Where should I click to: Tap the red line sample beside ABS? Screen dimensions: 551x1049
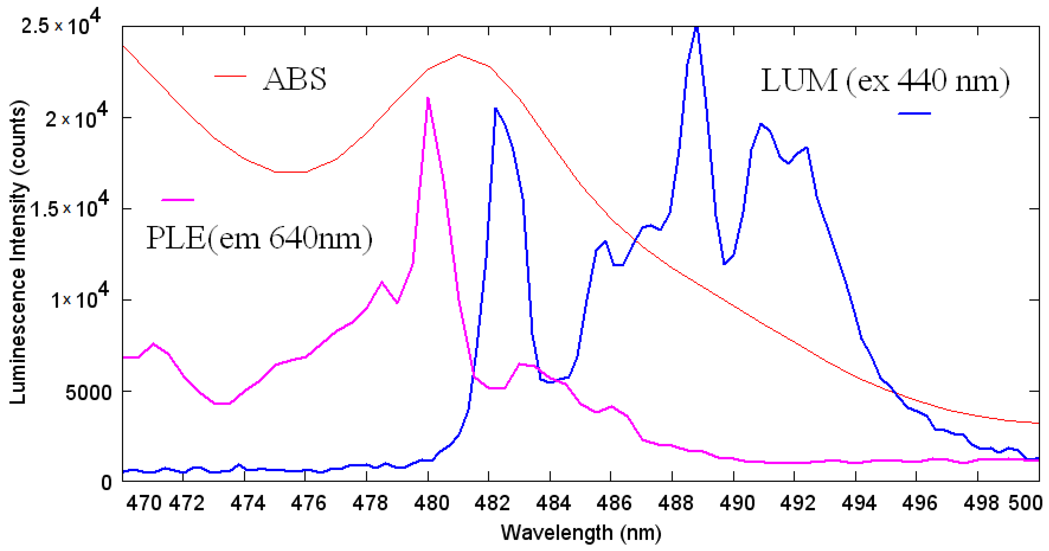coord(231,76)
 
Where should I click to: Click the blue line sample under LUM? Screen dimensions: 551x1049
coord(914,113)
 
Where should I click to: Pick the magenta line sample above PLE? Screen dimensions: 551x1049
coord(178,199)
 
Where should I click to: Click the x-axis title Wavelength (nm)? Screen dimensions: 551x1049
coord(581,533)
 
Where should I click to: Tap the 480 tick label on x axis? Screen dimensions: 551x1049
coord(431,503)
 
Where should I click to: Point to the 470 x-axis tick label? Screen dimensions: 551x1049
coord(143,503)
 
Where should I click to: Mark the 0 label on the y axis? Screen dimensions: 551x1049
coord(106,483)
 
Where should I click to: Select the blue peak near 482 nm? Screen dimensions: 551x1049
coord(495,109)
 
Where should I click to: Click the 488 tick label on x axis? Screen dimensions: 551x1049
coord(675,503)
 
